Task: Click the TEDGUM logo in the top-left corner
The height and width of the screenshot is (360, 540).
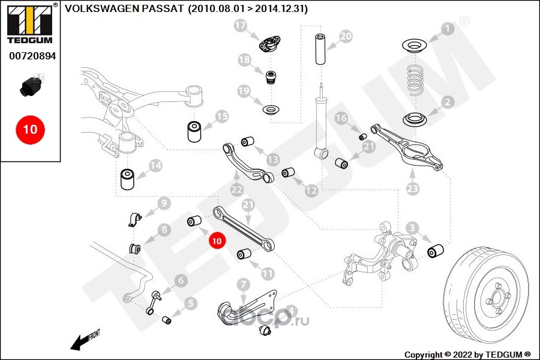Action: (x=31, y=24)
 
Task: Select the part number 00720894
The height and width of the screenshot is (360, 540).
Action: (x=32, y=56)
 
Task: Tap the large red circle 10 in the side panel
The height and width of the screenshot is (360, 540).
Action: (x=31, y=130)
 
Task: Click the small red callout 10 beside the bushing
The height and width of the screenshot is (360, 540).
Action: (x=217, y=241)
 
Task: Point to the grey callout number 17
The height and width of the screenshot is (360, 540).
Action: (x=241, y=25)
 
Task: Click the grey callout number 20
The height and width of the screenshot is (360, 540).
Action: (x=346, y=36)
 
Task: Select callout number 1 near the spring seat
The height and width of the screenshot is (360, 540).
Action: (x=448, y=28)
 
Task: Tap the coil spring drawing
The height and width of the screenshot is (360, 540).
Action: (x=416, y=80)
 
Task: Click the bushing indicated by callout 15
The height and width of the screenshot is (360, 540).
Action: (x=194, y=131)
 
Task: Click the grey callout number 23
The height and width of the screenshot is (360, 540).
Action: (x=413, y=188)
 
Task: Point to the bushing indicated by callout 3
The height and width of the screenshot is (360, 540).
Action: (x=436, y=251)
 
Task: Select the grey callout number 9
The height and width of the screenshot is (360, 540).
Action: (x=164, y=203)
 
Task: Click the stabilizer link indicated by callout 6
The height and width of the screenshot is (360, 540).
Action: (x=154, y=302)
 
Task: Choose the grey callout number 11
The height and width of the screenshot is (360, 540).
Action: (x=268, y=274)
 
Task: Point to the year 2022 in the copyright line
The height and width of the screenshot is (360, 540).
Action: (x=463, y=355)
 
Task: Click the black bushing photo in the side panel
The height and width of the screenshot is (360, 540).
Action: (x=31, y=87)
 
